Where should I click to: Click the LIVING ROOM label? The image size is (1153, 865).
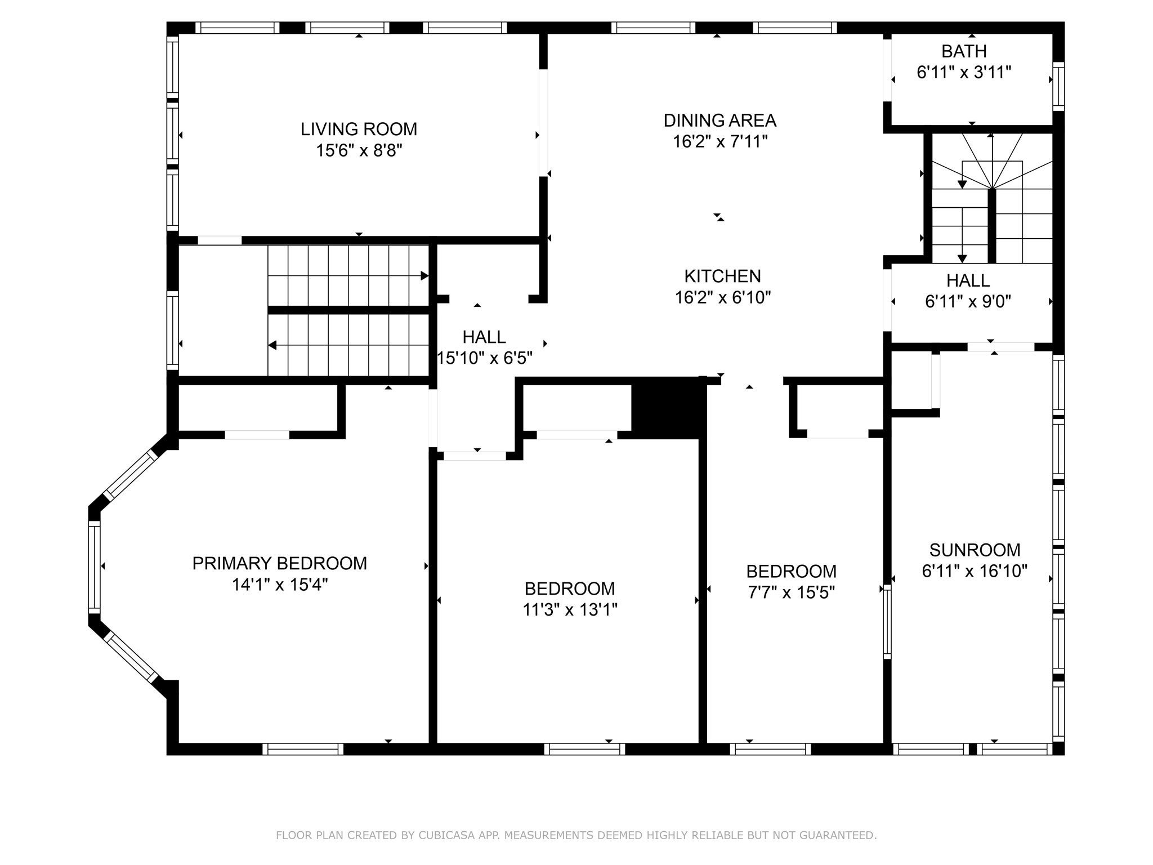coord(359,129)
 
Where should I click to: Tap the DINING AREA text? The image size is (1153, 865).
coord(720,121)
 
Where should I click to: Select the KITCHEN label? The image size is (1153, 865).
coord(722,276)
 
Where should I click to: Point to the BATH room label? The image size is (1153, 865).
coord(964,51)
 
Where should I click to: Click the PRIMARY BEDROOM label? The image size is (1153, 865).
coord(280,563)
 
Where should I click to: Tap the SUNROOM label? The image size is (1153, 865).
coord(975,550)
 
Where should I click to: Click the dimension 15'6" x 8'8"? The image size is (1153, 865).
coord(359,150)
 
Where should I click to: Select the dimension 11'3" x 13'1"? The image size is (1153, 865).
coord(570,610)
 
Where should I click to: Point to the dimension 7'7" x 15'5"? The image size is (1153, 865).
coord(791,592)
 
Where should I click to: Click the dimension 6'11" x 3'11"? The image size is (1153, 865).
coord(964,73)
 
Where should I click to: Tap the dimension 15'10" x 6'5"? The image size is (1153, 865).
coord(485,358)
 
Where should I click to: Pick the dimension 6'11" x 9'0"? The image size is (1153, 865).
coord(968,302)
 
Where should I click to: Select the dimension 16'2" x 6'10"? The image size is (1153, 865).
coord(722,297)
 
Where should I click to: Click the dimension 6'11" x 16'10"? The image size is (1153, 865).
coord(975,571)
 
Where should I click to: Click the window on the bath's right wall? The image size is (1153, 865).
coord(1058,87)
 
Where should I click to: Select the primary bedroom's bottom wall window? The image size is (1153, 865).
coord(303,749)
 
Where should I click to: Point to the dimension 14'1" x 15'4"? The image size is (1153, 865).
coord(280,585)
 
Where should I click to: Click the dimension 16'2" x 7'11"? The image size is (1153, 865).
coord(720,142)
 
